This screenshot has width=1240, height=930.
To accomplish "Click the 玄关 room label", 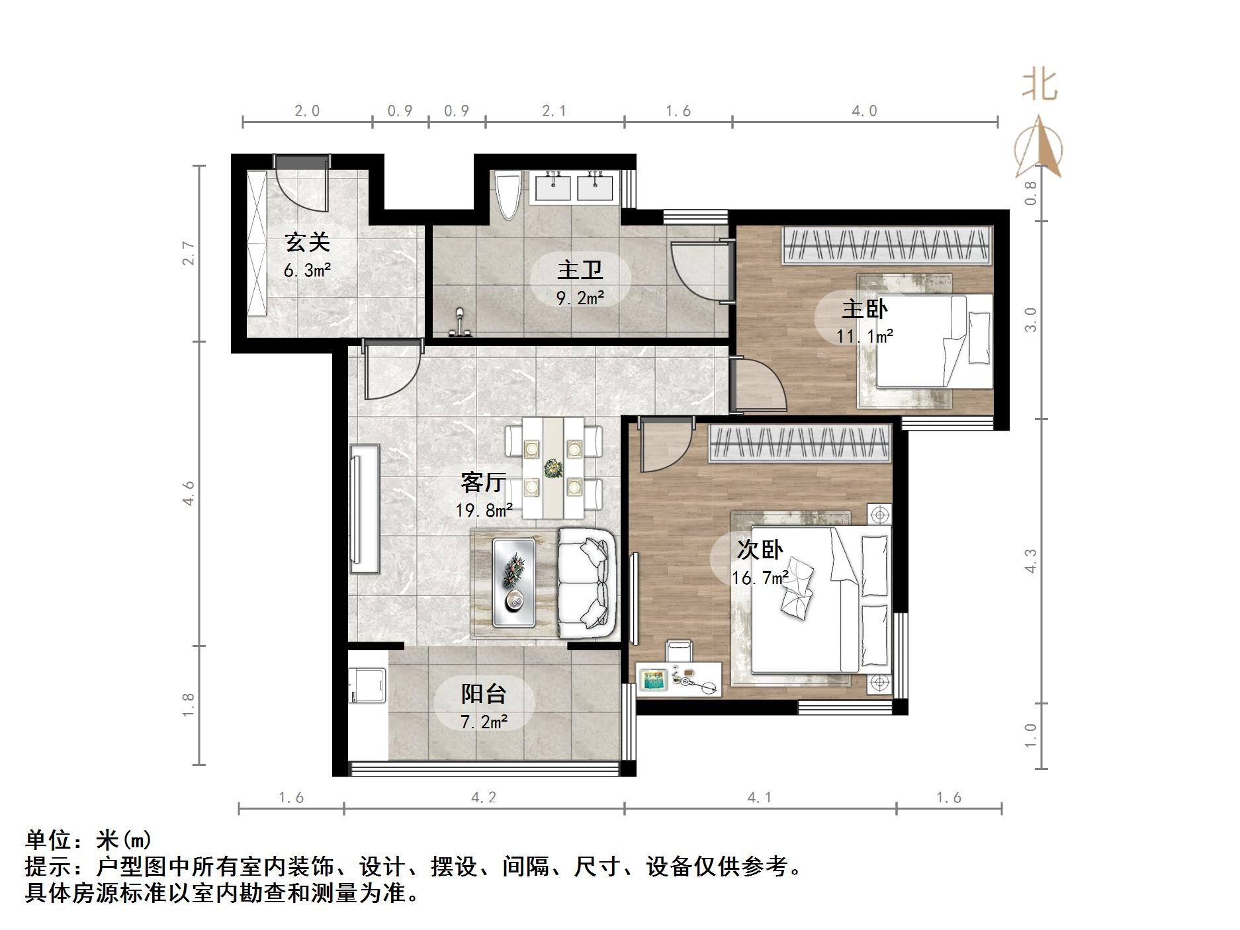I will click(307, 243).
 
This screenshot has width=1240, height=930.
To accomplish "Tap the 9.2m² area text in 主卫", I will click(580, 298).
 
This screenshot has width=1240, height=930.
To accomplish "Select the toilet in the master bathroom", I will click(508, 195).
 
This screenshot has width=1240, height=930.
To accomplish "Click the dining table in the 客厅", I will click(553, 468).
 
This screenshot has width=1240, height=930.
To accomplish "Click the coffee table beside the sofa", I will click(514, 582).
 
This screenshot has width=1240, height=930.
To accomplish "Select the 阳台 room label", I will click(484, 694).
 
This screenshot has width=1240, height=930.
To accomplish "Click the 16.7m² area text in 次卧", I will click(760, 577).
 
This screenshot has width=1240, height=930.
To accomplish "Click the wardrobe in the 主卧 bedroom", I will click(887, 245).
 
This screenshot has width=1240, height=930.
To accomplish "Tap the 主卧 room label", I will click(864, 309).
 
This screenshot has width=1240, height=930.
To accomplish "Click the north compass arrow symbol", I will click(1040, 148).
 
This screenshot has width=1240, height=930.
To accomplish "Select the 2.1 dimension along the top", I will click(554, 110).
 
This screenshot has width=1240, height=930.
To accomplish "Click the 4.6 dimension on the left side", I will click(189, 493).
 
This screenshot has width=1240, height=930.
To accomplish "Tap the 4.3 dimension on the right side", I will click(1031, 561).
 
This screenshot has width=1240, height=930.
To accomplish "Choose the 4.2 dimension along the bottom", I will click(483, 798).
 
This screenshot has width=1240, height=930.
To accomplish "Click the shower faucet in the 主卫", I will click(459, 323).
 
